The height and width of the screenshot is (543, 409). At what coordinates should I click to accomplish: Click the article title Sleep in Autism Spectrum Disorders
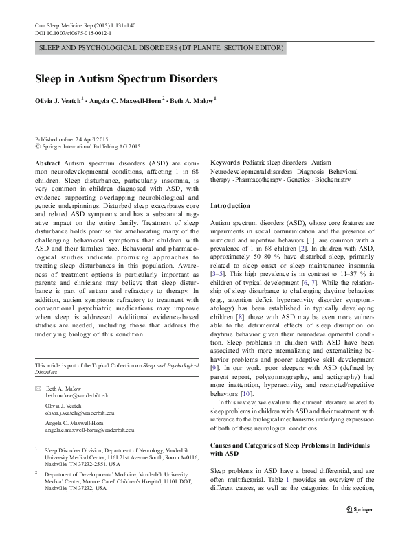pyautogui.click(x=126, y=79)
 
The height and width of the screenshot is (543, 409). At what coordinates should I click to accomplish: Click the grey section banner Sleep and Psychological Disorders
pyautogui.click(x=160, y=48)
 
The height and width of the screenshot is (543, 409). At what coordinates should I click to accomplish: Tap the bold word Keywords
pyautogui.click(x=225, y=163)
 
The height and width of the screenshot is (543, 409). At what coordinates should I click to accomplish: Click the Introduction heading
pyautogui.click(x=230, y=206)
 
